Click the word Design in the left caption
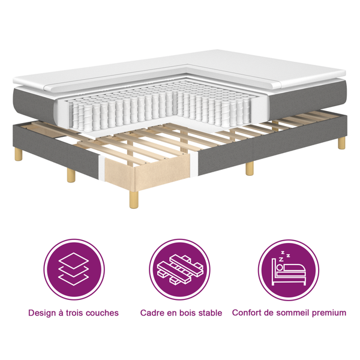pos(43,313)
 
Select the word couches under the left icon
pos(101,313)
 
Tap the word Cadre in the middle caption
pos(152,313)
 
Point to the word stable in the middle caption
pos(209,313)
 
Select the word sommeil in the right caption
pos(295,313)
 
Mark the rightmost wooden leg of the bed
pos(341,143)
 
